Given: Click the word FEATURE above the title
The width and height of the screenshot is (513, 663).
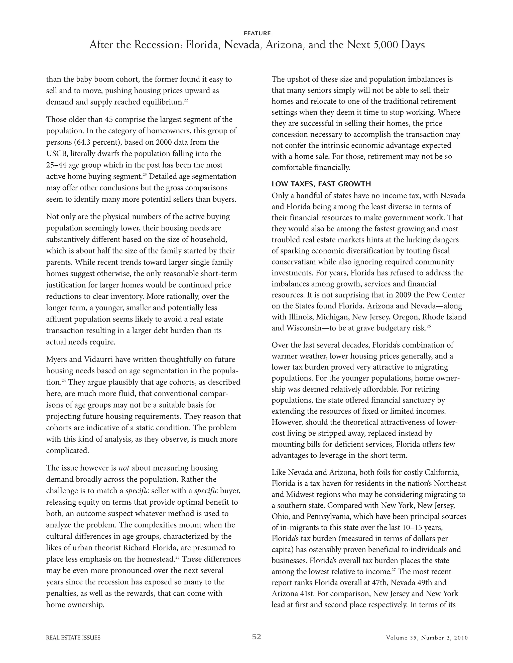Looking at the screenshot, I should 257,33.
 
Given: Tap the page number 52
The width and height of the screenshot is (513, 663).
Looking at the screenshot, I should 256,636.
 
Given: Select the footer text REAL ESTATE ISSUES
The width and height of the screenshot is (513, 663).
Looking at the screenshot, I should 73,638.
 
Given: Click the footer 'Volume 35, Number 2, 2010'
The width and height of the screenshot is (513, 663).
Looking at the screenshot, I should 427,638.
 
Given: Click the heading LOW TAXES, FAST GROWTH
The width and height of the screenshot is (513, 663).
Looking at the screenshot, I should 321,184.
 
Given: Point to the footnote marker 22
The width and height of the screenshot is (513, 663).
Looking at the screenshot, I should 186,100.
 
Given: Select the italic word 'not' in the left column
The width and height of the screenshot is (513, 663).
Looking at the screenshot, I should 124,468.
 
